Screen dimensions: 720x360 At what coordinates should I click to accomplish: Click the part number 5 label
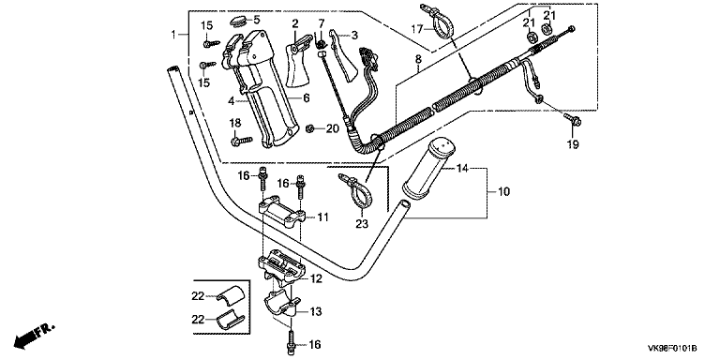click(x=256, y=20)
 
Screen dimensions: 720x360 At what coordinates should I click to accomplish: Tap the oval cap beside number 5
click(x=238, y=22)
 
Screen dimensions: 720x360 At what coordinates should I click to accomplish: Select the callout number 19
click(x=573, y=144)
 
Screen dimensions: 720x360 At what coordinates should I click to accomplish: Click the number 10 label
click(x=503, y=191)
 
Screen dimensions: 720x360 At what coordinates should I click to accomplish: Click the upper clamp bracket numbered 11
click(x=282, y=213)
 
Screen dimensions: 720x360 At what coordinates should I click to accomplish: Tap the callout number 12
click(x=316, y=278)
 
